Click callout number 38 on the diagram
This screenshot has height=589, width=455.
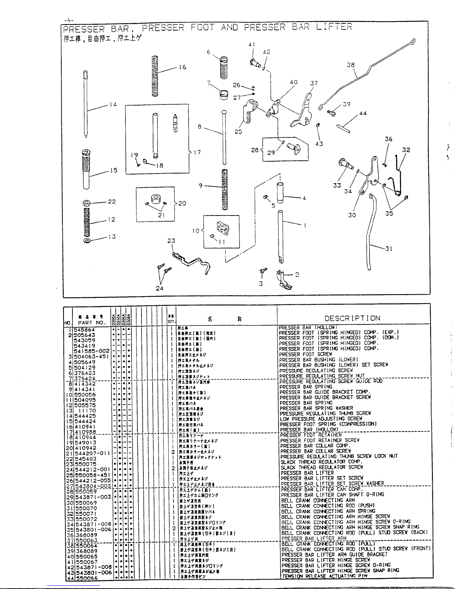point(350,65)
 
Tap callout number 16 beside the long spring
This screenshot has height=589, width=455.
point(182,67)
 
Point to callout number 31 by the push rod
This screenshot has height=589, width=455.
point(389,249)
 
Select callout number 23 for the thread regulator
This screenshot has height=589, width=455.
point(171,241)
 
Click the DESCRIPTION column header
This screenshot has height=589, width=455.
point(352,318)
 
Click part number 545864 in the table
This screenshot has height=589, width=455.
point(85,330)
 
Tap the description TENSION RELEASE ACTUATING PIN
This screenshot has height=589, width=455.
point(324,576)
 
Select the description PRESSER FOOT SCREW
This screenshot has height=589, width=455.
point(306,354)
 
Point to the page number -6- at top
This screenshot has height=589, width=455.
point(68,20)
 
